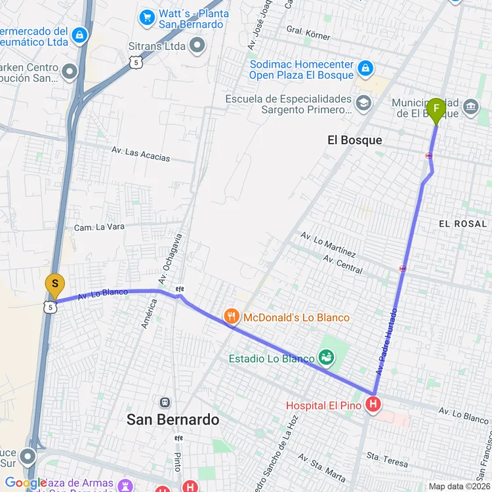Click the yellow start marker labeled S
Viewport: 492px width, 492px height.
click(54, 285)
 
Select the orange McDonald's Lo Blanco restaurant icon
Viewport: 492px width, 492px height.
click(232, 318)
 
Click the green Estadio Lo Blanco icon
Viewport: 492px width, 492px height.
click(326, 358)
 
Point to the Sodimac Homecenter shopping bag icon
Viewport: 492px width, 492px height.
click(365, 68)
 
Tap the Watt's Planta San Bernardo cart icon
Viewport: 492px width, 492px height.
click(148, 16)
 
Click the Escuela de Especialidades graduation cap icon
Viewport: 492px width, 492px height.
click(363, 102)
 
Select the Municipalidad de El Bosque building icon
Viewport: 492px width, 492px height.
click(470, 106)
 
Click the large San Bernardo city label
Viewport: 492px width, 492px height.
click(173, 419)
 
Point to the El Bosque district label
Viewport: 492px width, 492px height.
click(354, 140)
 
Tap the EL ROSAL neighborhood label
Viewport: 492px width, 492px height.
click(462, 224)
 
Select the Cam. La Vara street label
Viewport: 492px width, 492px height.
click(99, 228)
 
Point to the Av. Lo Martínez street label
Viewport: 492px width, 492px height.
click(328, 245)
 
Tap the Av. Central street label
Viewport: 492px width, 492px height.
click(342, 264)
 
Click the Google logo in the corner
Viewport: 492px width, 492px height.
click(25, 483)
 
